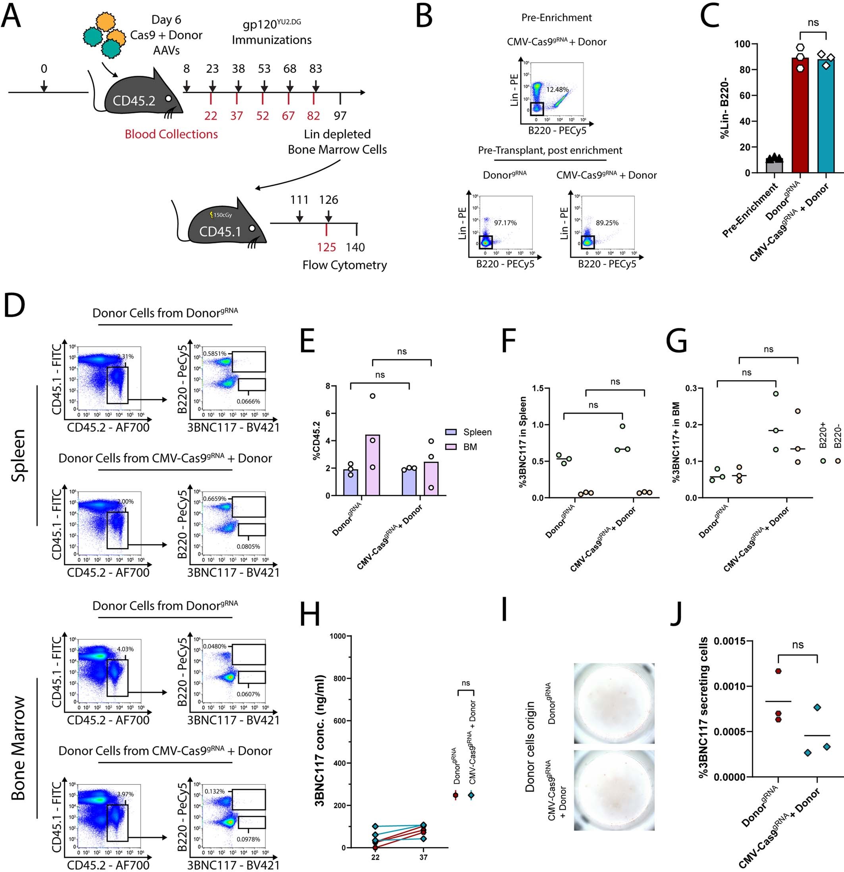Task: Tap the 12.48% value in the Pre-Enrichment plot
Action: click(557, 90)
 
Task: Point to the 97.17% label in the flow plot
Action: click(505, 223)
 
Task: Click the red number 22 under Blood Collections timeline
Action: click(211, 116)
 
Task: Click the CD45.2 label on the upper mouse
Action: click(134, 101)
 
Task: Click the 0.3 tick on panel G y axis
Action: click(691, 388)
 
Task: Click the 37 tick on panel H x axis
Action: click(423, 857)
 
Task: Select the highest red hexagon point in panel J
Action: click(778, 671)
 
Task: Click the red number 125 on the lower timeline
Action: click(326, 247)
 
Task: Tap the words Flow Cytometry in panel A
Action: click(344, 265)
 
